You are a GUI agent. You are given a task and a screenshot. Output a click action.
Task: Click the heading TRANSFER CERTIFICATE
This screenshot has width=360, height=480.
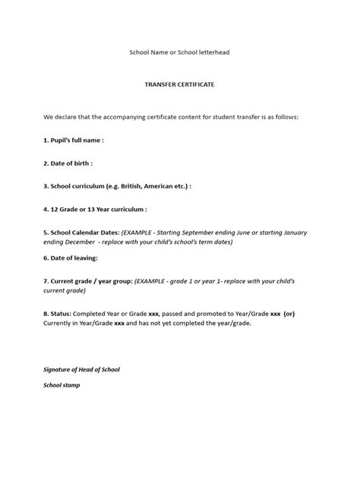point(179,85)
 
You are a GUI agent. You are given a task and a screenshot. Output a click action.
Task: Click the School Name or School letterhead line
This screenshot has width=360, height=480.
point(179,52)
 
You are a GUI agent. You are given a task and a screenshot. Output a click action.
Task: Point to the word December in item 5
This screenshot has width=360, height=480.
point(81,242)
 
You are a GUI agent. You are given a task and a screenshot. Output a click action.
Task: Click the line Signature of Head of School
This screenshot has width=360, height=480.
point(81,369)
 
